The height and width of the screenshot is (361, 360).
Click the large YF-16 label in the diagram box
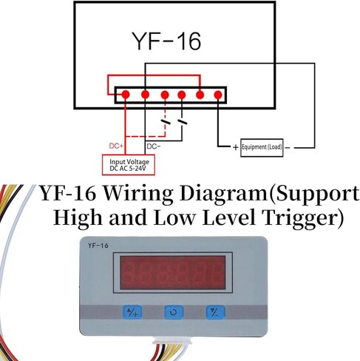pos(167,41)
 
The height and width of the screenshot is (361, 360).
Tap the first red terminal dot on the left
pos(126,95)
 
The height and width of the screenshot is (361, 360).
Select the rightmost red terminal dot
pos(218,95)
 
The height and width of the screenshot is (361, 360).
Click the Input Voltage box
pos(129,165)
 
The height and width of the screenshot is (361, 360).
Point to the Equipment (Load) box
pos(262,148)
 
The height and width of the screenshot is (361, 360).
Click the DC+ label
pos(116,146)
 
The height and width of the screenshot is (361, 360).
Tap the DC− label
pos(154,146)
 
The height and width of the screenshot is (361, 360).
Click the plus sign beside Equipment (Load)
pos(236,147)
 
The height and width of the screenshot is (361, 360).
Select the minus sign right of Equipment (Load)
pos(288,148)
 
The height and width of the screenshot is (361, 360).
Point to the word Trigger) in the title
pos(303,218)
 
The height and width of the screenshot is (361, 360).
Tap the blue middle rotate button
pos(174,312)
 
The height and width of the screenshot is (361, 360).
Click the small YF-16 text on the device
pos(98,246)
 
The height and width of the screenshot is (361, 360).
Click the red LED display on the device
pos(173,272)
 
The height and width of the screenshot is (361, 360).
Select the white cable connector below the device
pos(172,342)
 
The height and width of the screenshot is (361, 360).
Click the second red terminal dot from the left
pos(145,95)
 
